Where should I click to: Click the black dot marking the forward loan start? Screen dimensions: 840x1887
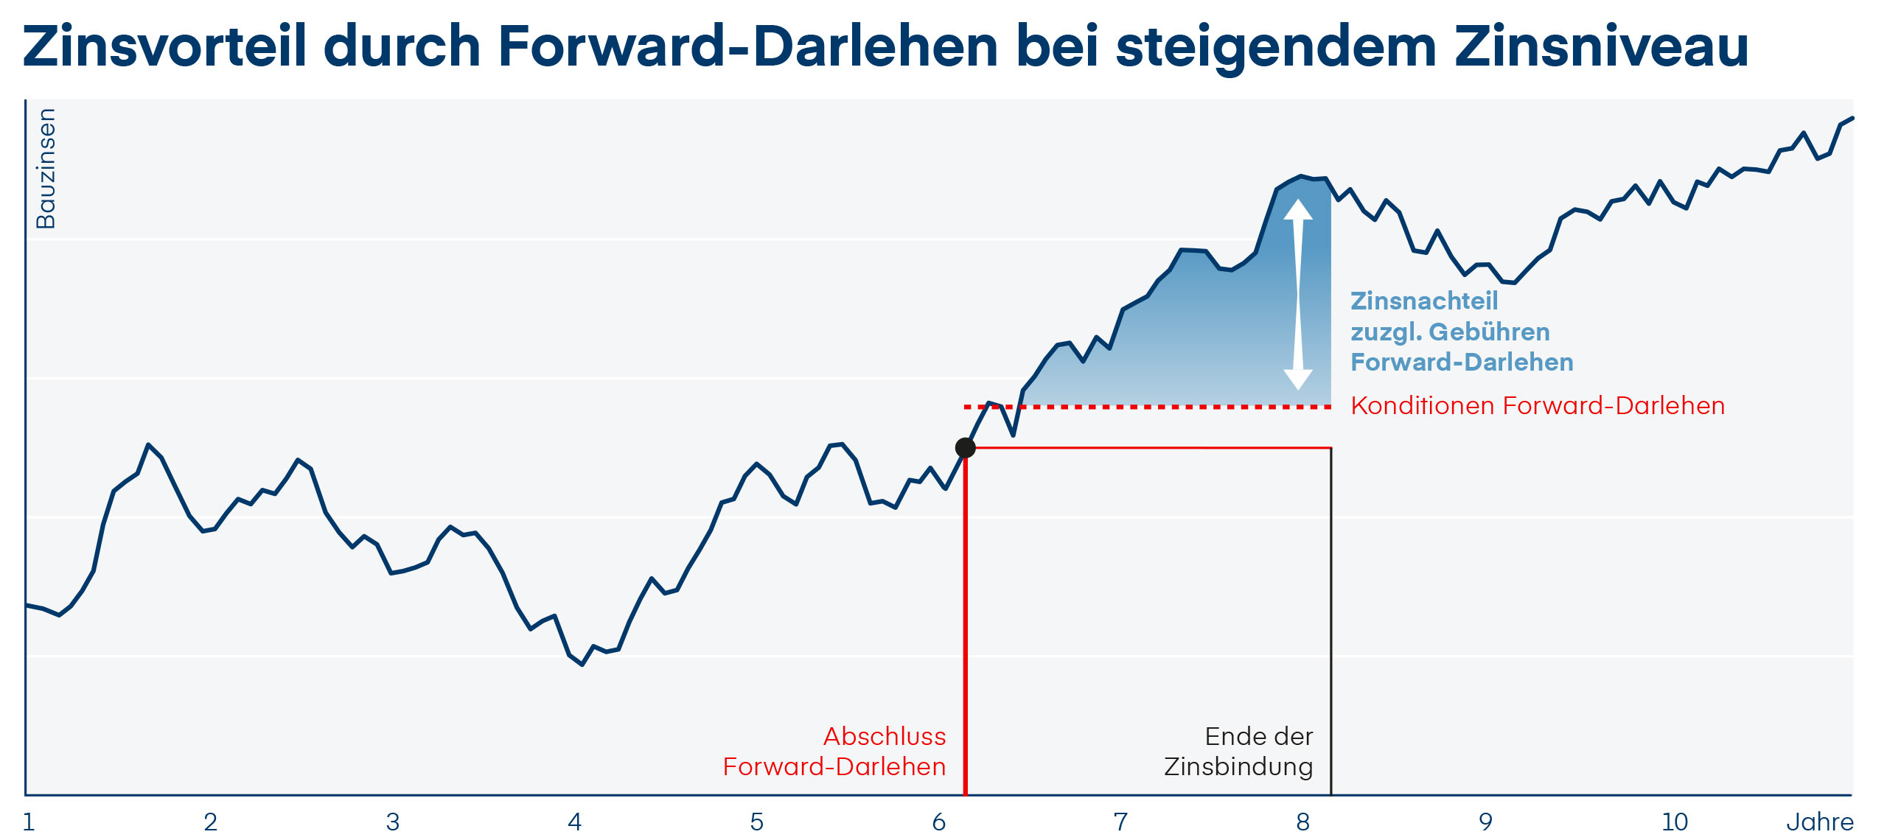[965, 447]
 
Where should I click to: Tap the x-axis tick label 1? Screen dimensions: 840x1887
[29, 822]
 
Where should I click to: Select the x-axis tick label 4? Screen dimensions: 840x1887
[575, 822]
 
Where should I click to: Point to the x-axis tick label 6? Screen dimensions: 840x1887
[938, 822]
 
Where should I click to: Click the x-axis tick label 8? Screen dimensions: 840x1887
[1303, 822]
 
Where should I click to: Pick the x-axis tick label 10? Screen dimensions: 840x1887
[1675, 822]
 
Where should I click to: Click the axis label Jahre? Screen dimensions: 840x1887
[1819, 822]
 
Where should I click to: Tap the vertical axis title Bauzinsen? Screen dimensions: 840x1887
[46, 169]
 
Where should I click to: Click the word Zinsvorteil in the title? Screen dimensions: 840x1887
[164, 46]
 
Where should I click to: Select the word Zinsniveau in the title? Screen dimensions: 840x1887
[1601, 46]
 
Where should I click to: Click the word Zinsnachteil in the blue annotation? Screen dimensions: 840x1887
[1424, 301]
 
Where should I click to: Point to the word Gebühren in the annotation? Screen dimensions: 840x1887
[1489, 332]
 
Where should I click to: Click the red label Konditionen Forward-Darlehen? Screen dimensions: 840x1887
[1538, 406]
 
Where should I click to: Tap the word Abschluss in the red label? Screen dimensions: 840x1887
[885, 736]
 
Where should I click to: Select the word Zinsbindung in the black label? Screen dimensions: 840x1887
[1238, 767]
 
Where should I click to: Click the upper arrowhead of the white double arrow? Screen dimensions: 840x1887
[1298, 209]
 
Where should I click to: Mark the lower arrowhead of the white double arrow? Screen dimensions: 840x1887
[1298, 379]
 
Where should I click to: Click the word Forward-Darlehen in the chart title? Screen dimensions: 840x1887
[748, 46]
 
